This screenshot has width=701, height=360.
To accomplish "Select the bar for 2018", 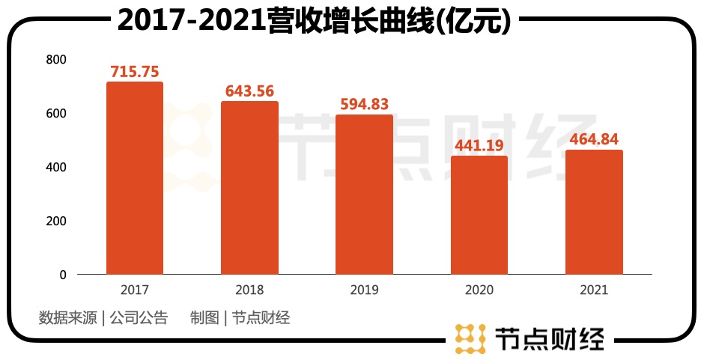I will click(x=249, y=188).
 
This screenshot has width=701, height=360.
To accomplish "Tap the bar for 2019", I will click(x=364, y=195).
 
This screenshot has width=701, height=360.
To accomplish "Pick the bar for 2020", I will click(x=479, y=216).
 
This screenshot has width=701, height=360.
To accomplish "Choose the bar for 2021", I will click(x=594, y=213).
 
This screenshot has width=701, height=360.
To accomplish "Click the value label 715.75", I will click(x=135, y=72).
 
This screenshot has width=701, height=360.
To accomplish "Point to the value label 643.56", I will click(x=249, y=91).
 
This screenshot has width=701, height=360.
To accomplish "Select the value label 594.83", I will click(x=364, y=104).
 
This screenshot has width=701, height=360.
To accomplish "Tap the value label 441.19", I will click(x=479, y=145).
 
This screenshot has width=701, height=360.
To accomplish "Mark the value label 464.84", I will click(x=594, y=139).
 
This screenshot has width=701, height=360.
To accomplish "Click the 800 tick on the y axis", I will click(x=56, y=60).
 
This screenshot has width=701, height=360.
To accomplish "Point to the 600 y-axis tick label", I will click(x=56, y=114).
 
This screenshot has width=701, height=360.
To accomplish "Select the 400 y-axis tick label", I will click(x=56, y=168).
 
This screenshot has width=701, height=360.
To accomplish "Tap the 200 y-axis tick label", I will click(x=56, y=222).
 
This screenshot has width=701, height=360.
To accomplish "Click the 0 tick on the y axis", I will click(x=63, y=275).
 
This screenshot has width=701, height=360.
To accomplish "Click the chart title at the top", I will click(x=315, y=21).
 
